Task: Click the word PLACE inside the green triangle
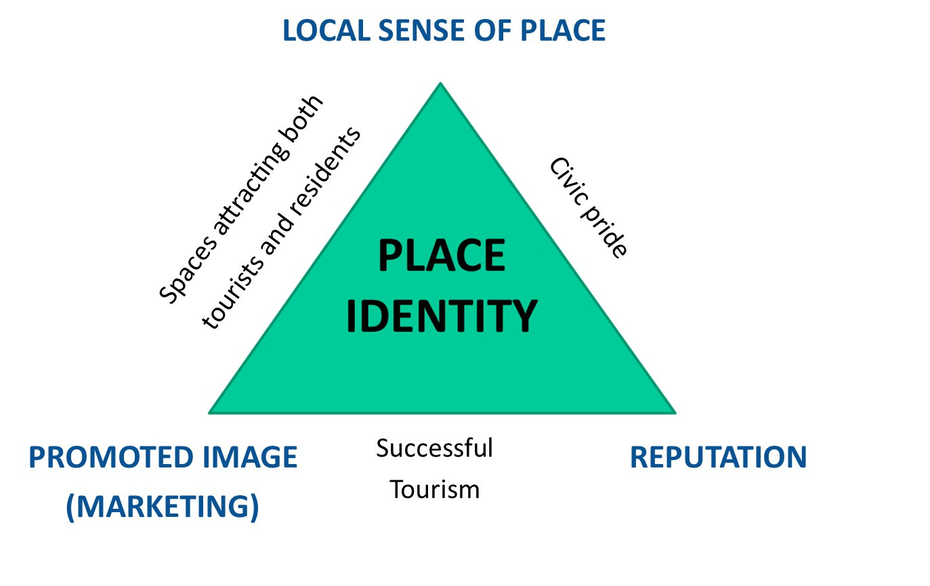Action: (441, 257)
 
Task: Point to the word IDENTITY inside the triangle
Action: (441, 316)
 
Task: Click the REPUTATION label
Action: (718, 458)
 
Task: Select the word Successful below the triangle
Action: (434, 448)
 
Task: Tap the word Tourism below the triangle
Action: (434, 489)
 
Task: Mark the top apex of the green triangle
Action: (440, 83)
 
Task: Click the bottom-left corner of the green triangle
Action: (209, 412)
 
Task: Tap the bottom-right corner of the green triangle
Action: (675, 412)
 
